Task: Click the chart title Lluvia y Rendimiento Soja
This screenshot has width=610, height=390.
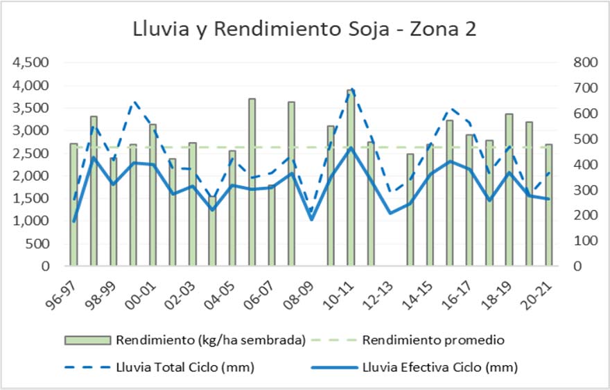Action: point(305,30)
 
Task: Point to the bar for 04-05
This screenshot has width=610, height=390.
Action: point(232,208)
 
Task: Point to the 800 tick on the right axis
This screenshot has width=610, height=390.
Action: point(585,62)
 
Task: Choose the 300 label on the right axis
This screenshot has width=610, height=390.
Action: point(585,190)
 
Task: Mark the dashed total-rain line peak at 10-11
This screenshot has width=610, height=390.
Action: point(351,89)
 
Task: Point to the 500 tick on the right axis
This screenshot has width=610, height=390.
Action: point(585,139)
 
